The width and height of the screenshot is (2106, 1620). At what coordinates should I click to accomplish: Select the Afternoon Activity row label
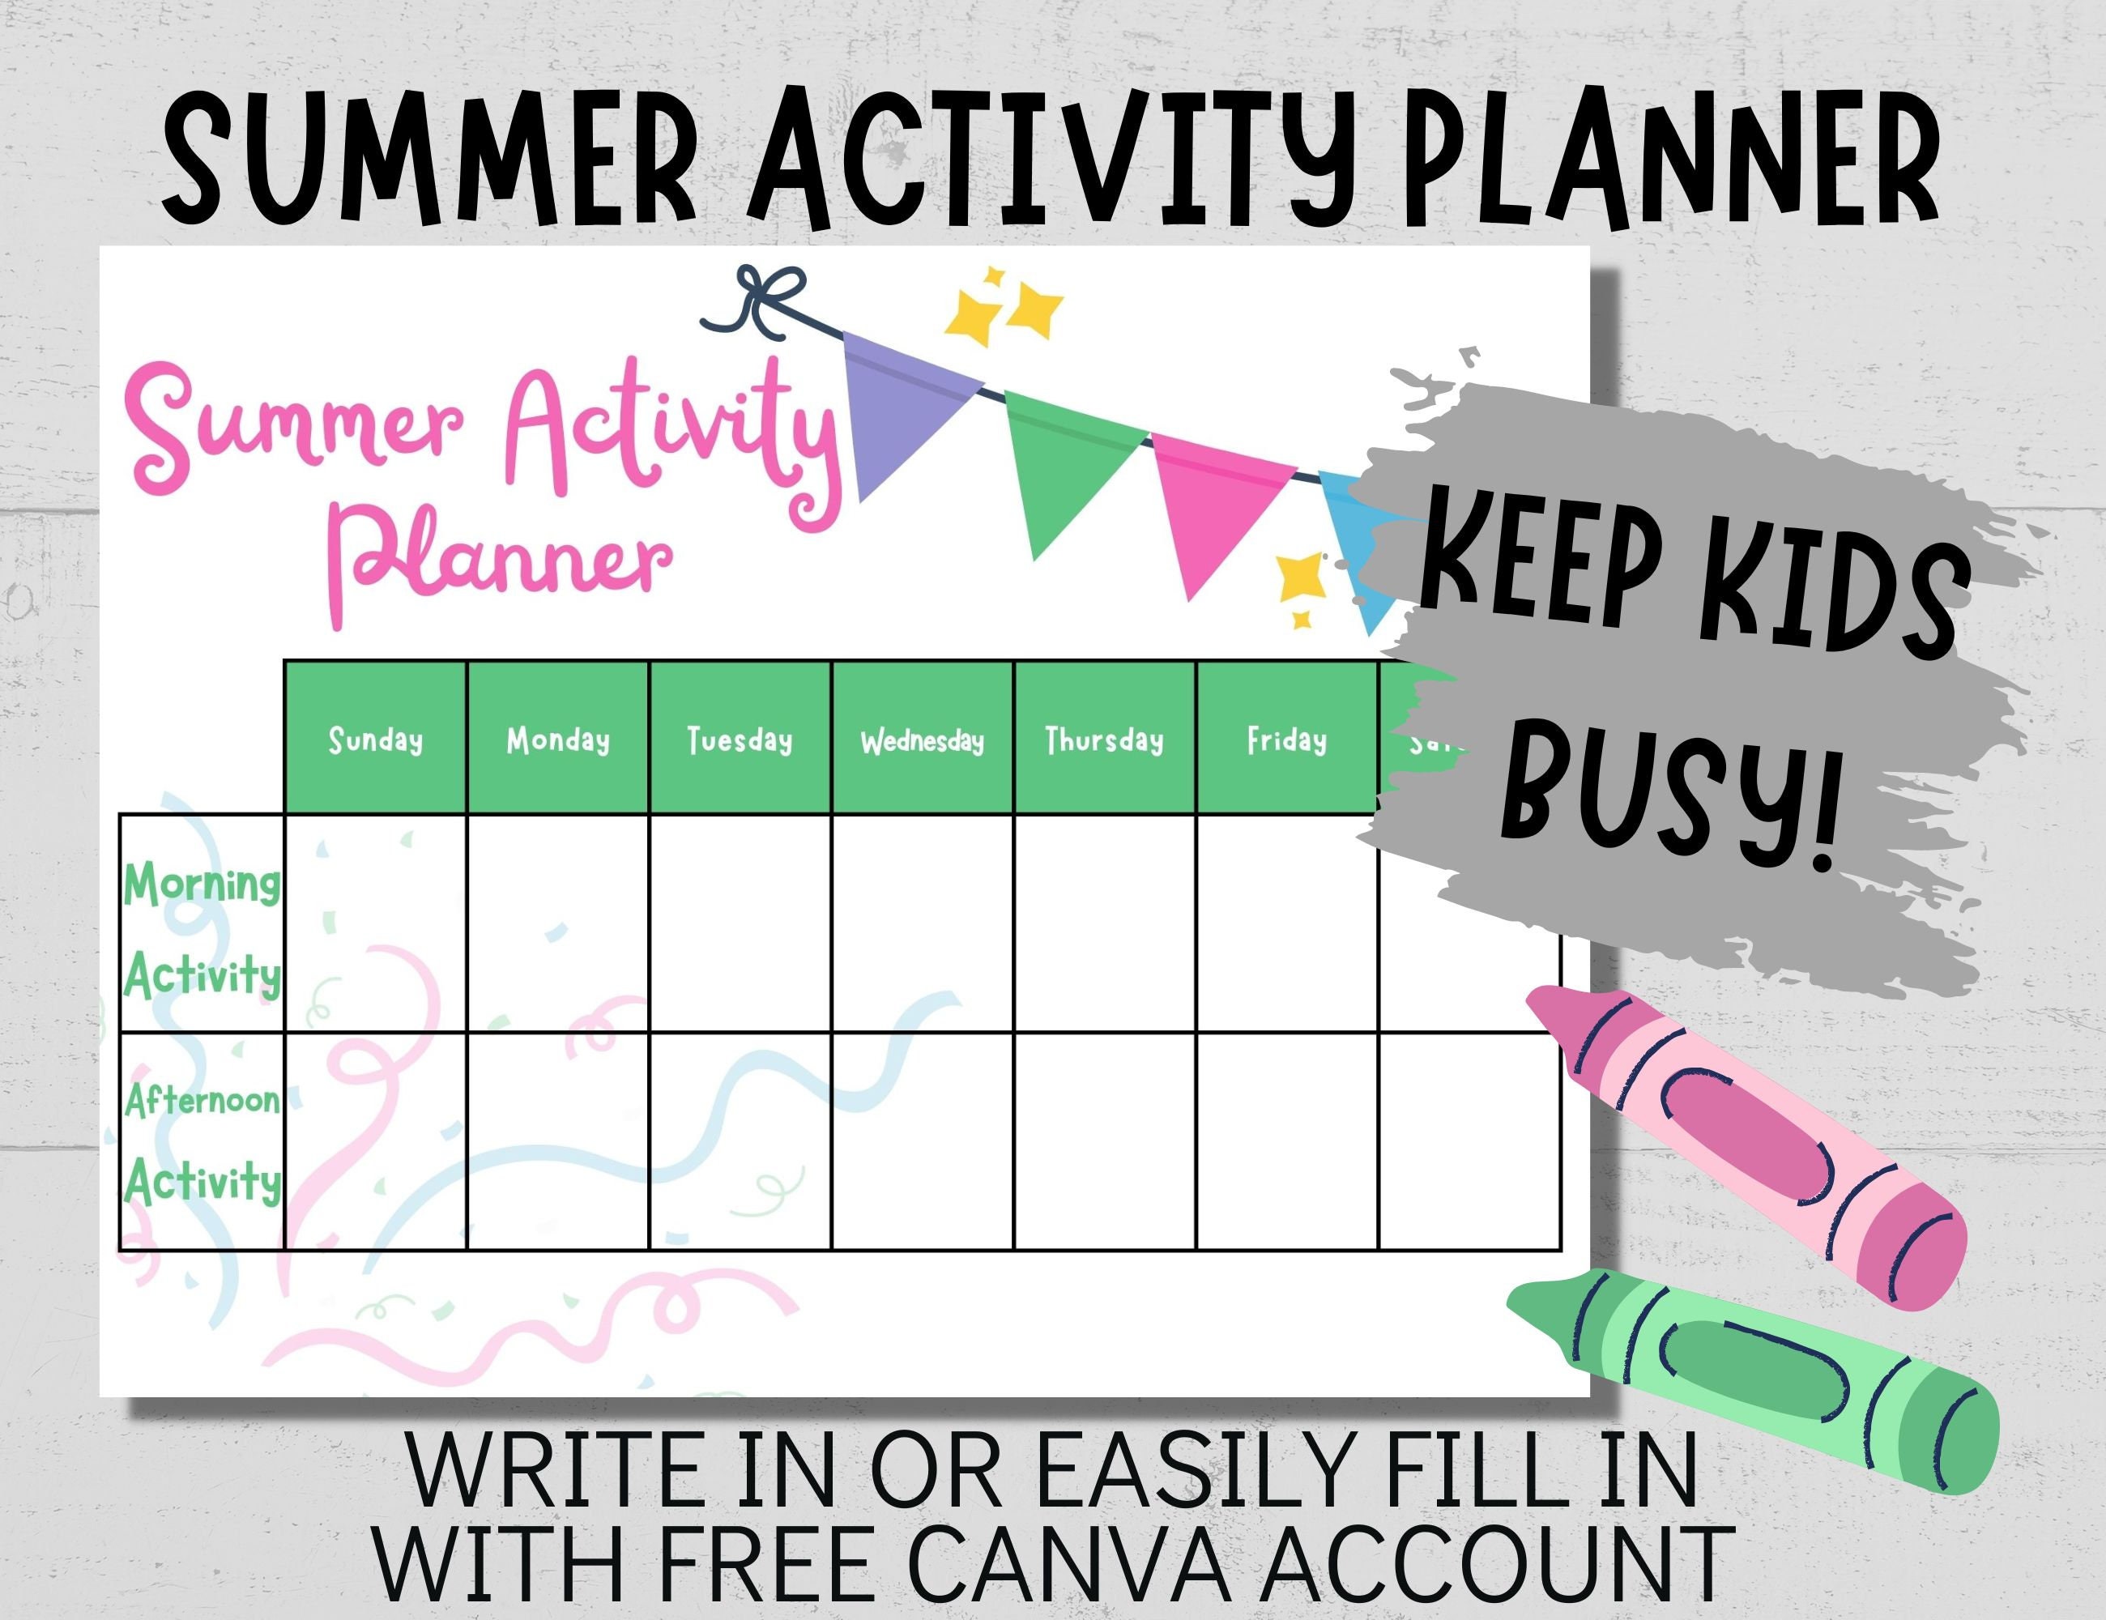[202, 1140]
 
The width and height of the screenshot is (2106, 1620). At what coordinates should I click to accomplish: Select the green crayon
[1746, 1379]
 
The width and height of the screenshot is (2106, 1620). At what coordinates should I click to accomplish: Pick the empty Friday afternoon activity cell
[1286, 1140]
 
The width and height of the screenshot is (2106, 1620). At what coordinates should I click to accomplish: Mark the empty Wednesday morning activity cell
[922, 923]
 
